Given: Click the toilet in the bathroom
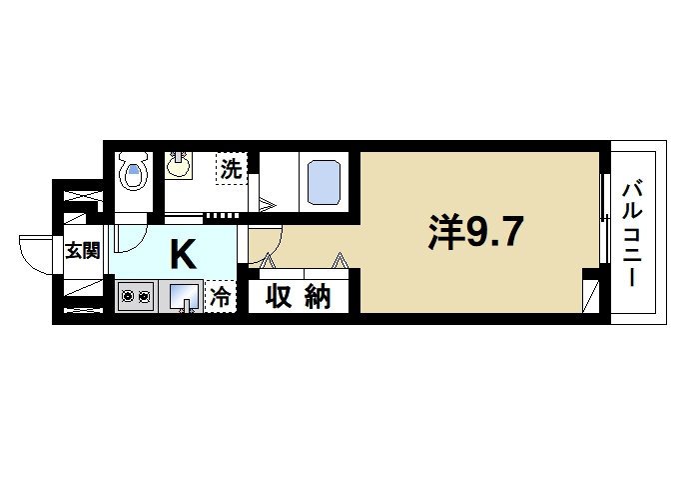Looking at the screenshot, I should point(133,176).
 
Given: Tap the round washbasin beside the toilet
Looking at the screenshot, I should point(180,163).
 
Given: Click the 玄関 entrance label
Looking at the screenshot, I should point(83,250).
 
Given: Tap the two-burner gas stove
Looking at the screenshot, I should point(134,296).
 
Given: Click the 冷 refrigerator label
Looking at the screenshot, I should point(221,297).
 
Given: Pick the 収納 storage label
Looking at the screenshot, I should point(298,297).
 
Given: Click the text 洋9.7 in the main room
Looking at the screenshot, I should point(475,233).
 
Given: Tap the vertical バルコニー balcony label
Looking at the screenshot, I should point(632,233).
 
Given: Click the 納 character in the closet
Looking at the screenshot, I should point(318,297).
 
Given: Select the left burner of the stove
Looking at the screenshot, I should point(127,296).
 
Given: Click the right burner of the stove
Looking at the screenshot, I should point(143,296).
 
